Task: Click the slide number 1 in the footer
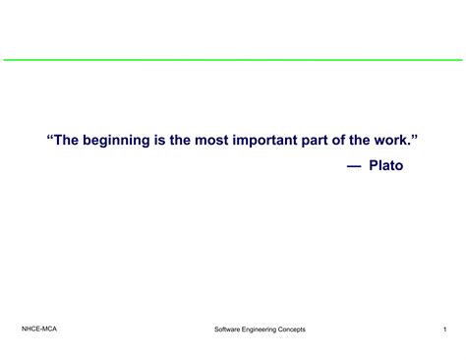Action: point(444,329)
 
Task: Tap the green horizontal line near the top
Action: point(233,60)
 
